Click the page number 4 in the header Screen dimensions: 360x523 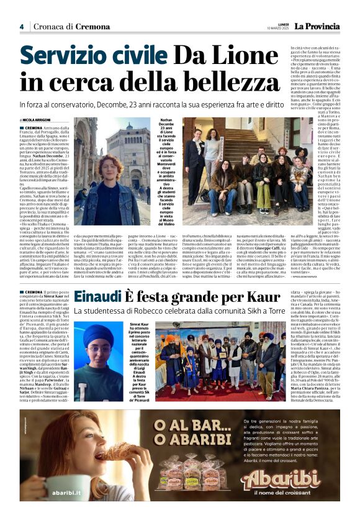22,27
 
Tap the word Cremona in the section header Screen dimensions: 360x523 92,27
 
